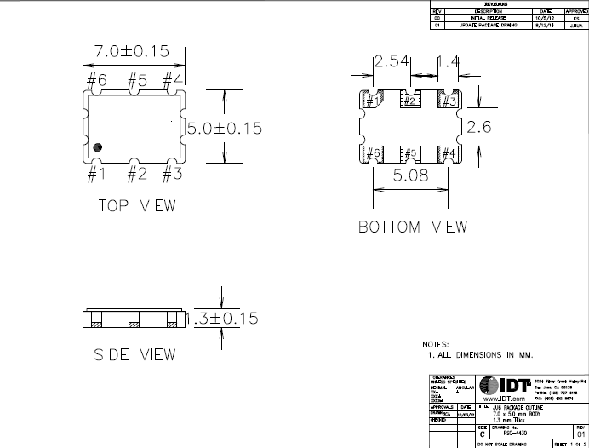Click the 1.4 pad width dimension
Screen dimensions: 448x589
click(449, 62)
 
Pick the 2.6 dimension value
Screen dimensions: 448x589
click(480, 127)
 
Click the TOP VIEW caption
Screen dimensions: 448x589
click(137, 205)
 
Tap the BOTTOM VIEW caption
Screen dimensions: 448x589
click(412, 227)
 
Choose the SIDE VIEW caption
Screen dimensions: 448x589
click(135, 354)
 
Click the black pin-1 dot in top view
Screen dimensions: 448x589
click(98, 147)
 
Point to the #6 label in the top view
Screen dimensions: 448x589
click(96, 80)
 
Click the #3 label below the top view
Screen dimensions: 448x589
click(173, 175)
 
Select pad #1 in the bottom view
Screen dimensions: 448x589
click(373, 101)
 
